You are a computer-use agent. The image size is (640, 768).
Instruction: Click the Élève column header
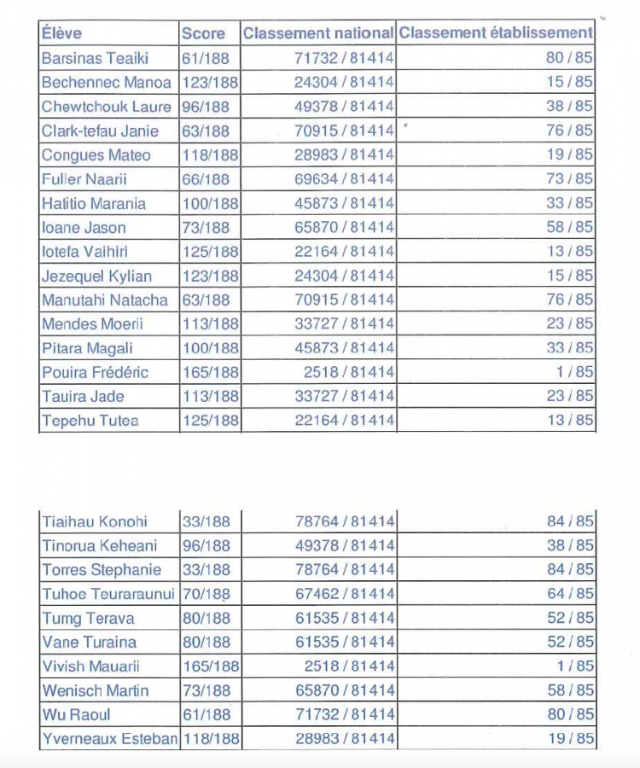click(61, 34)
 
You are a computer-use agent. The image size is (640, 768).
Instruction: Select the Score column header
click(203, 34)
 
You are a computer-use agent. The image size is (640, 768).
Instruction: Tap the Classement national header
click(318, 34)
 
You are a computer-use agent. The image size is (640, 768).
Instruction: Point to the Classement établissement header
click(495, 33)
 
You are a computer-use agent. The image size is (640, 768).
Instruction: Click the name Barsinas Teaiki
click(95, 58)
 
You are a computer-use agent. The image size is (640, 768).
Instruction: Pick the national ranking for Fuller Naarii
click(345, 179)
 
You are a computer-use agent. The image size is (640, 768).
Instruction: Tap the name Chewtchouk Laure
click(106, 107)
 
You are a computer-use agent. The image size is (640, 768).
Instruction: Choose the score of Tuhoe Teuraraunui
click(206, 594)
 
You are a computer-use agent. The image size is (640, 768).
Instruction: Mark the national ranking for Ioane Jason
click(345, 228)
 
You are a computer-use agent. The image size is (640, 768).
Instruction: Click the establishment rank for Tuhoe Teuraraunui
click(569, 594)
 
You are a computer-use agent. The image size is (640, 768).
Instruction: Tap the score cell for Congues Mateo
click(210, 155)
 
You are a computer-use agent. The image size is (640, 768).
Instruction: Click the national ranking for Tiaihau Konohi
click(345, 521)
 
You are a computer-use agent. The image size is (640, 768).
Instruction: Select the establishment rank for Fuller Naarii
click(569, 179)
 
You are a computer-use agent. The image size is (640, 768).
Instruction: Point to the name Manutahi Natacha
click(104, 300)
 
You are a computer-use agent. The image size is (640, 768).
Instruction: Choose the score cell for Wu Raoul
click(206, 714)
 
